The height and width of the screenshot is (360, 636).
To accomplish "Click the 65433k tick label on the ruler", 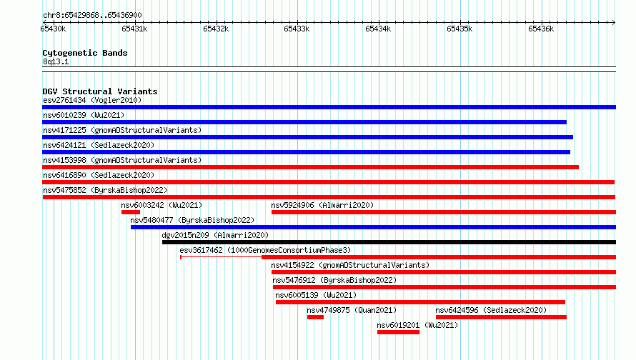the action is [x=297, y=29].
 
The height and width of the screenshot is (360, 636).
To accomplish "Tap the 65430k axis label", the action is [x=53, y=29].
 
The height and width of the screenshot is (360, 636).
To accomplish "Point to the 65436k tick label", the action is [x=541, y=29].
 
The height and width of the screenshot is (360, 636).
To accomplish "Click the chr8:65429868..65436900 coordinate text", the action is [x=92, y=15].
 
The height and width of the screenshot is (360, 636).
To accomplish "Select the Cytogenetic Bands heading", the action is [x=85, y=53].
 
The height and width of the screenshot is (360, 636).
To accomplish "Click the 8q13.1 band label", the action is [x=56, y=61].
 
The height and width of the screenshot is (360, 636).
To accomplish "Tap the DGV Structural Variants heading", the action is [x=100, y=91].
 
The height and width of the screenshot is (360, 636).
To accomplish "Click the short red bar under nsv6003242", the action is [x=131, y=212].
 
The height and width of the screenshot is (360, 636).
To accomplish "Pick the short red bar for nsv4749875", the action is [x=315, y=317].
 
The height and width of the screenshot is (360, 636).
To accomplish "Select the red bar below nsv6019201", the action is [x=398, y=332].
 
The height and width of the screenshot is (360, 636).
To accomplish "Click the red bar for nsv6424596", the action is [x=502, y=317].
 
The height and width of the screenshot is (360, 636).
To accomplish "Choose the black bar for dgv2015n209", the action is [x=389, y=242].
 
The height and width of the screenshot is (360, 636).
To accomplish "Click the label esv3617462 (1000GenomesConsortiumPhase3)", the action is [x=265, y=250].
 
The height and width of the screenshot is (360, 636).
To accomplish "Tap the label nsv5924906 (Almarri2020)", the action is [x=322, y=205].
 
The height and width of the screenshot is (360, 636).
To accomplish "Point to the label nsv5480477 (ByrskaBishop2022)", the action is [x=192, y=220].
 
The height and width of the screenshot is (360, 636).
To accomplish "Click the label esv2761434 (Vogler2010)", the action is [x=92, y=100].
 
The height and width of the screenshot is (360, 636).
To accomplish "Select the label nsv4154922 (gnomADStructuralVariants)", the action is [x=350, y=265].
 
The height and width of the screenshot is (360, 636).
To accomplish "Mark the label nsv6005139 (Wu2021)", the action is [x=316, y=295].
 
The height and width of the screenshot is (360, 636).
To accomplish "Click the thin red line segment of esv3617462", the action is [x=221, y=257].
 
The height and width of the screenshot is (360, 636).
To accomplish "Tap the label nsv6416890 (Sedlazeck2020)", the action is [x=99, y=175].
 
